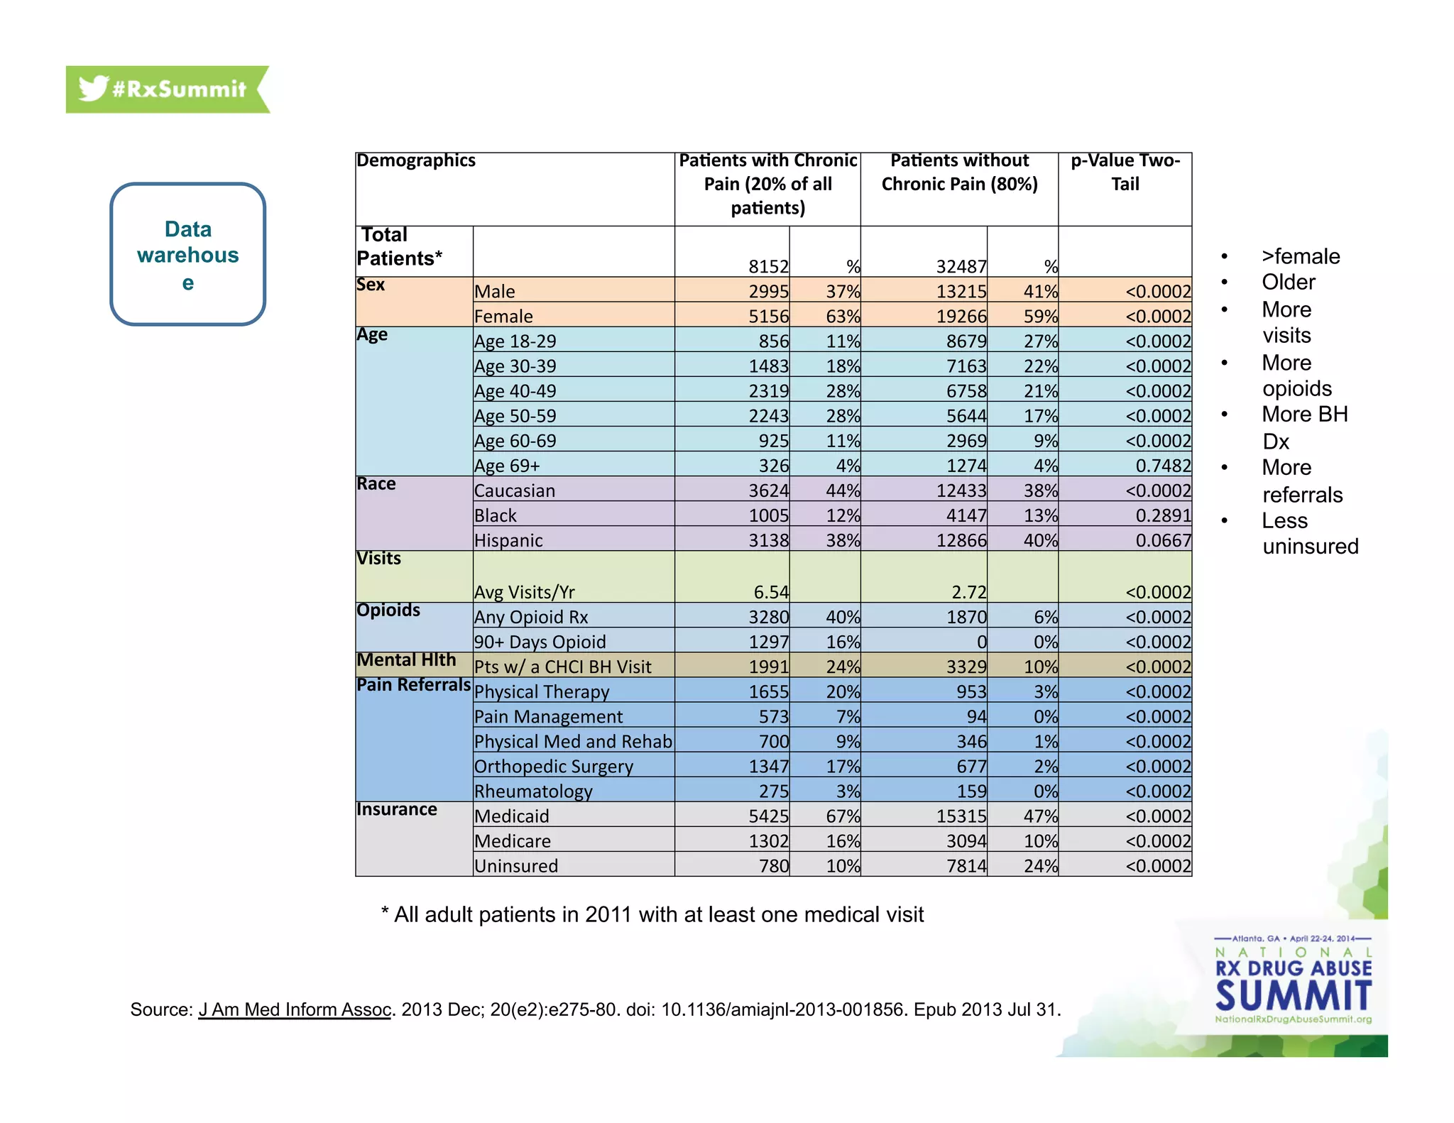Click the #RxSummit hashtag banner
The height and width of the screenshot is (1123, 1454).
(168, 89)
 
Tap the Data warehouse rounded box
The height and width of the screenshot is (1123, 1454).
(188, 254)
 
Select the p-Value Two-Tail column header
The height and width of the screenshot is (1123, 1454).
(1125, 172)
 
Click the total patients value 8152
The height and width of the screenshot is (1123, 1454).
(768, 266)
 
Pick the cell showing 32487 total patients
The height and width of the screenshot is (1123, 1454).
(961, 266)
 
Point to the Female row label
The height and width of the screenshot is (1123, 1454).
(503, 316)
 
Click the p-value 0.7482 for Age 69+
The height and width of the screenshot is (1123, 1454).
(1163, 466)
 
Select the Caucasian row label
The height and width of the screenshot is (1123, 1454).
(515, 491)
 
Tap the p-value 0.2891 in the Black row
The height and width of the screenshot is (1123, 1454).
(1163, 515)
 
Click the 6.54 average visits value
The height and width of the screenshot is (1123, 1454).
(771, 592)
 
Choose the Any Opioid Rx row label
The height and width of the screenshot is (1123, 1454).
(531, 617)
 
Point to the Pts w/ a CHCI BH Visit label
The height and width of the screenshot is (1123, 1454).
(562, 667)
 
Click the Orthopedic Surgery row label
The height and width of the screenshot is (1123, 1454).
(554, 767)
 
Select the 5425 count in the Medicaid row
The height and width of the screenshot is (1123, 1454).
(768, 816)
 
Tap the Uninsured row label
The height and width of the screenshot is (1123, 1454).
(516, 866)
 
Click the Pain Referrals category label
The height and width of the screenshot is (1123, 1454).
(413, 685)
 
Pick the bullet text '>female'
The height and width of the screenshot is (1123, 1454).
(1301, 256)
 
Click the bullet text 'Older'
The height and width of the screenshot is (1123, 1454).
(1288, 283)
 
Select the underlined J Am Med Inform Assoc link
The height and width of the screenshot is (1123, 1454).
(295, 1009)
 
